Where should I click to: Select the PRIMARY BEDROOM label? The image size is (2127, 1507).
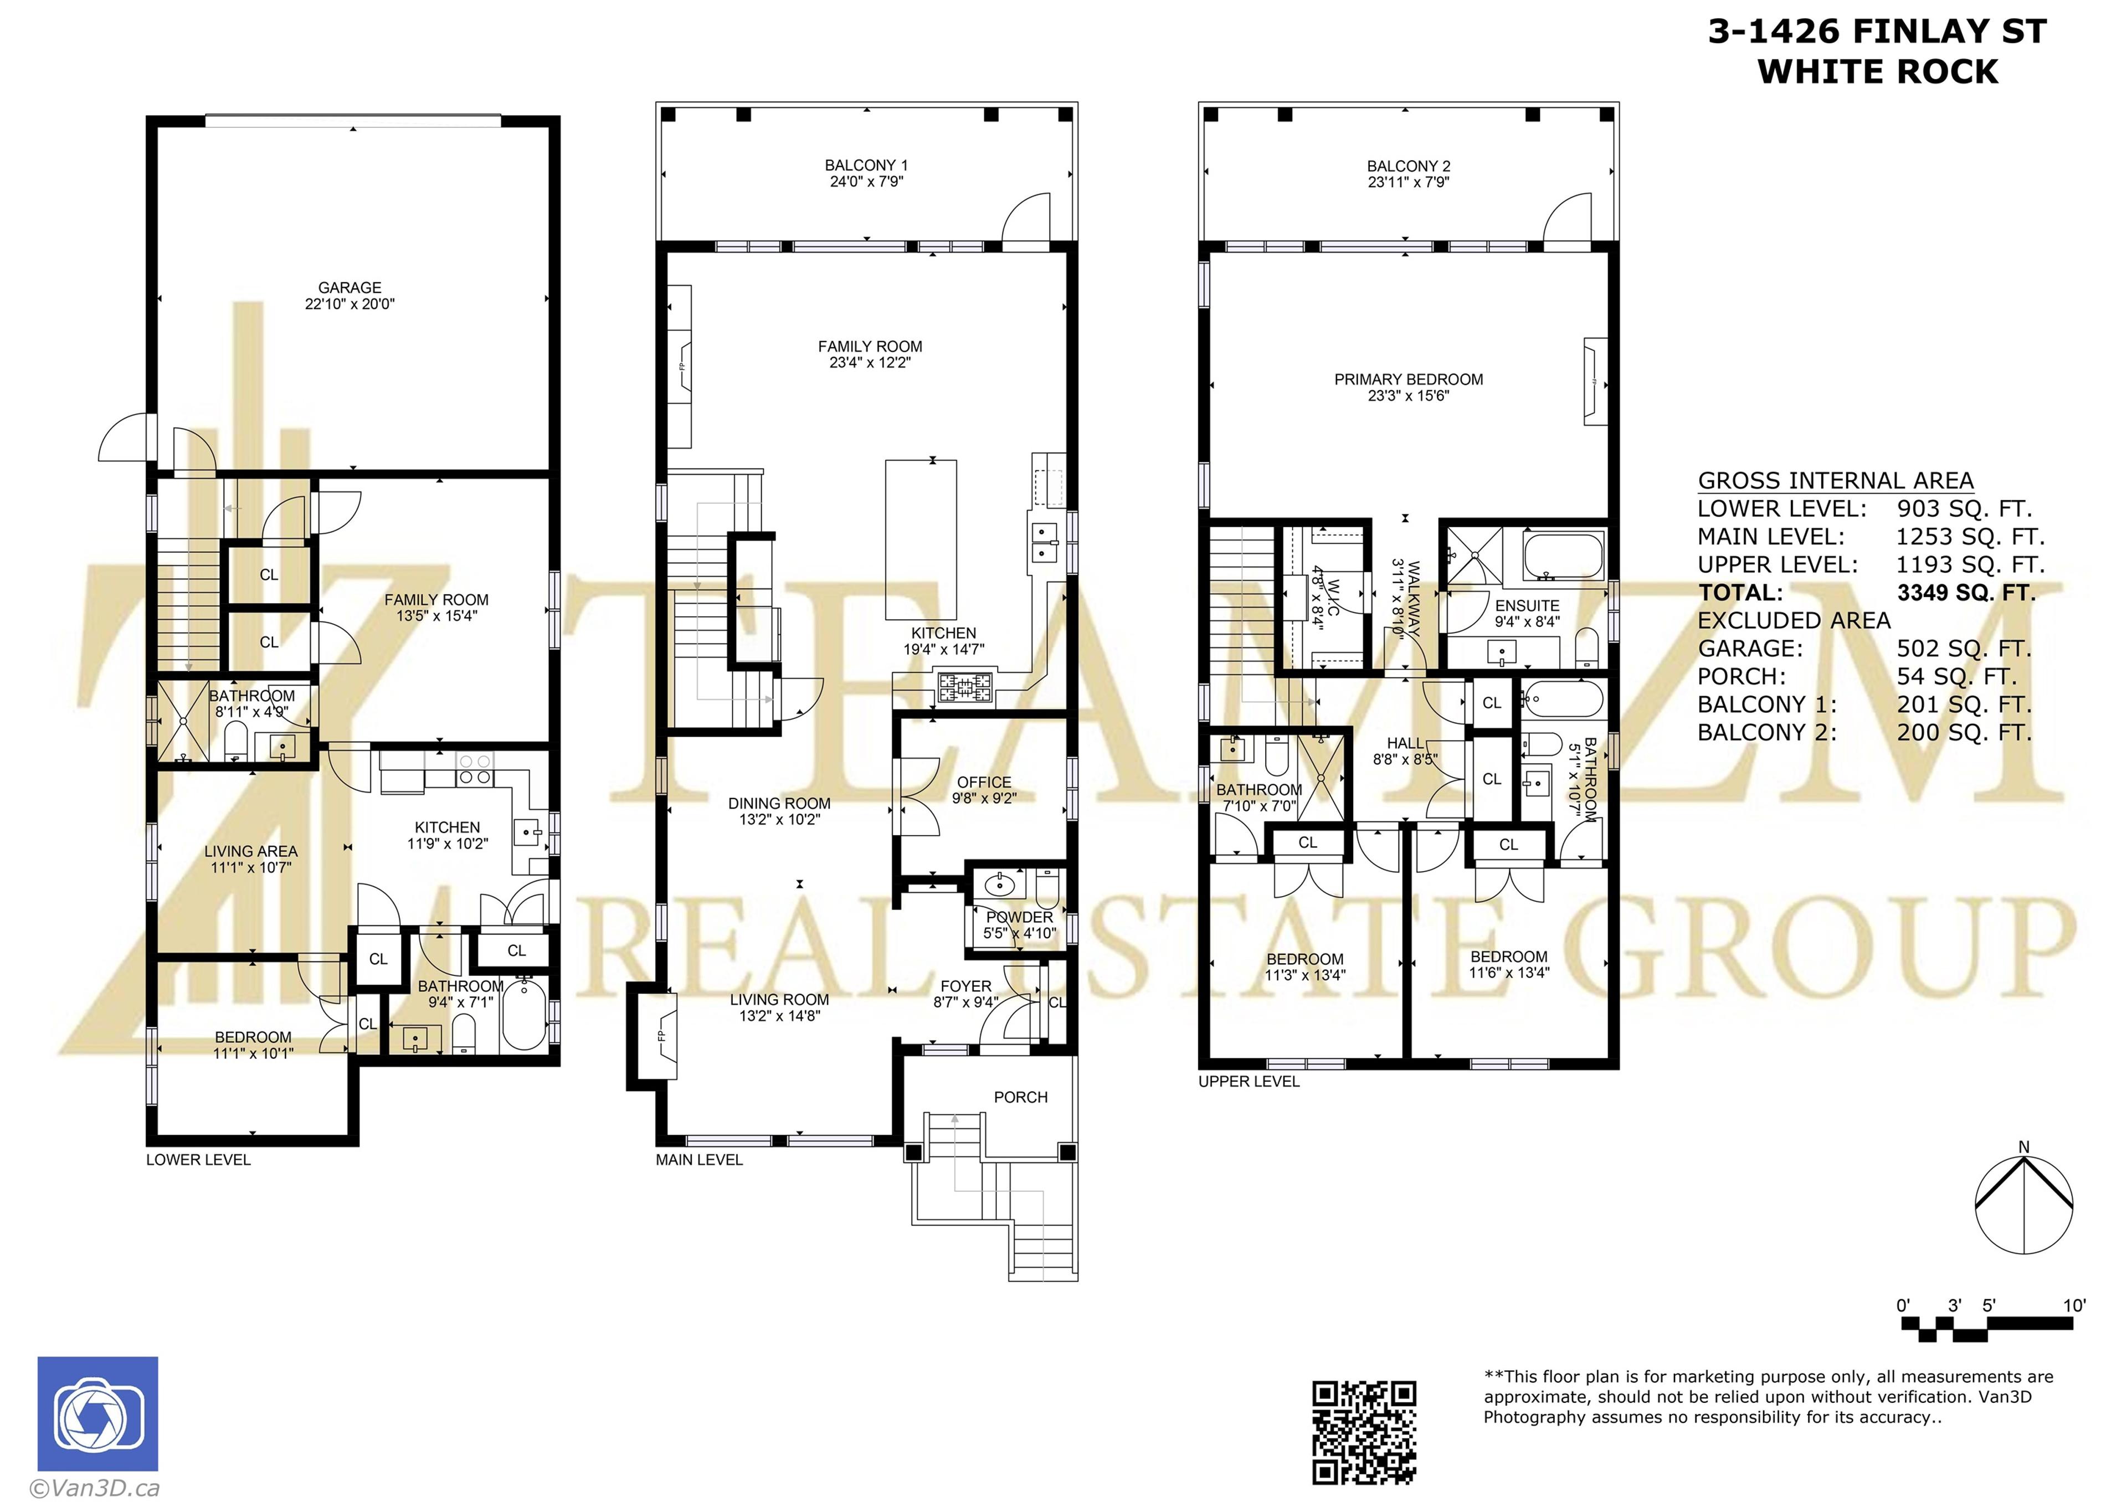click(1408, 379)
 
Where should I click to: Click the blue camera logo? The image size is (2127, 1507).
click(97, 1413)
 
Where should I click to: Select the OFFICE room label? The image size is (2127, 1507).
click(984, 782)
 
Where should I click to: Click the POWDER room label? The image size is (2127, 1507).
click(1019, 917)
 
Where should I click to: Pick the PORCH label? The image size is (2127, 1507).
click(1020, 1097)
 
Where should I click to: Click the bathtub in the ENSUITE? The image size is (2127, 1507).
click(1563, 555)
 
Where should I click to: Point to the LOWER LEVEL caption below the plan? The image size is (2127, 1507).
click(198, 1159)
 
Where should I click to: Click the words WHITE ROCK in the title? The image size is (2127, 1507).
click(1877, 71)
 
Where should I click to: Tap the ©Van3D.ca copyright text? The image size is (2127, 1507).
click(95, 1488)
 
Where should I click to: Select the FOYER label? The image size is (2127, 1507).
click(965, 986)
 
